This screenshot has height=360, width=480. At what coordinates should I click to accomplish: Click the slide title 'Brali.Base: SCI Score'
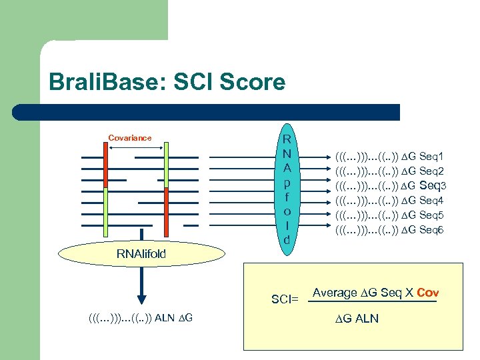167,83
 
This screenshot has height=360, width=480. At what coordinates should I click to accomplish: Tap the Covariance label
130,138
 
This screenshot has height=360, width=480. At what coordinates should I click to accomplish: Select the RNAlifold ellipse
141,253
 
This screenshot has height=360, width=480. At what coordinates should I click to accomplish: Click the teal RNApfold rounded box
287,189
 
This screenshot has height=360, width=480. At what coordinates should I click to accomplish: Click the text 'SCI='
285,300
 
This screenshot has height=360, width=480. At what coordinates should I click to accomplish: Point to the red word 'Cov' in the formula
427,293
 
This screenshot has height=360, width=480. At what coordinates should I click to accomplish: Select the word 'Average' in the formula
335,293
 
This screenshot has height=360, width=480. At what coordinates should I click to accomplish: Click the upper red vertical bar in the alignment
105,164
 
